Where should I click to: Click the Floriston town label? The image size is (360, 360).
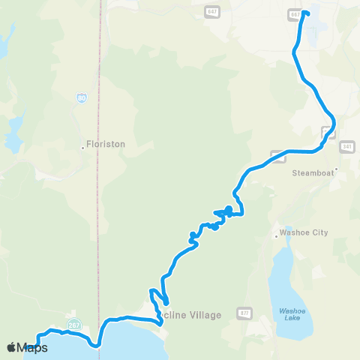click(x=106, y=144)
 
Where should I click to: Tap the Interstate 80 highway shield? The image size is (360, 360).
click(x=80, y=98)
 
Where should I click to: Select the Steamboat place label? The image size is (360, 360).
click(x=311, y=172)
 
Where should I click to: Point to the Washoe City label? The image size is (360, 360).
click(x=304, y=232)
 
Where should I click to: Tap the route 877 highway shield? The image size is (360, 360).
click(x=244, y=311)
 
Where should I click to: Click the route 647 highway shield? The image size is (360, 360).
click(x=211, y=12)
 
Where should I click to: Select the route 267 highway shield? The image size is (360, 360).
click(x=73, y=324)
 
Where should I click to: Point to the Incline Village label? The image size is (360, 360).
click(x=191, y=315)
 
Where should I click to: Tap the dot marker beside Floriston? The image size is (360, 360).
click(x=82, y=147)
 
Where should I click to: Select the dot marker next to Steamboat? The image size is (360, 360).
click(x=337, y=169)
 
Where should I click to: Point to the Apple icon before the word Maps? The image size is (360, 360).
click(x=11, y=347)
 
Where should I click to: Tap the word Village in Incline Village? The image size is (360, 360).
click(x=204, y=315)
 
